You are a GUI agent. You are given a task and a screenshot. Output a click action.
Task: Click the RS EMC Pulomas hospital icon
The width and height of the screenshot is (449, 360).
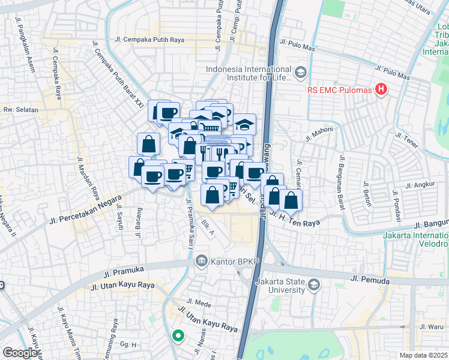point(380,91)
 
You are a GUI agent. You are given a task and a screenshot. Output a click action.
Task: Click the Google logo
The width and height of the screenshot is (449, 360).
point(20,352)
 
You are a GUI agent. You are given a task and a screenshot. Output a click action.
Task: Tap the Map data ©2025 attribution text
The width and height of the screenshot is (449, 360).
point(423,355)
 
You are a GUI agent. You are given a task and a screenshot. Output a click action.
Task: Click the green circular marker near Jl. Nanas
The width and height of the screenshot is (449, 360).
point(177,336)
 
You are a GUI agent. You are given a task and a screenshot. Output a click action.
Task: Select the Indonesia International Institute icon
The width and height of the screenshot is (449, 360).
point(301,73)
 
